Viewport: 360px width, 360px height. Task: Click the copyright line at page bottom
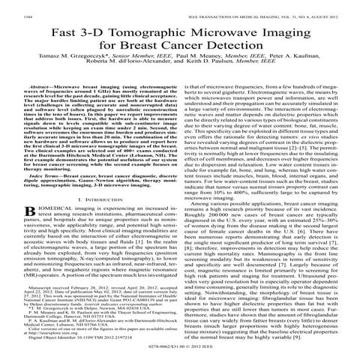coord(180,356)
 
